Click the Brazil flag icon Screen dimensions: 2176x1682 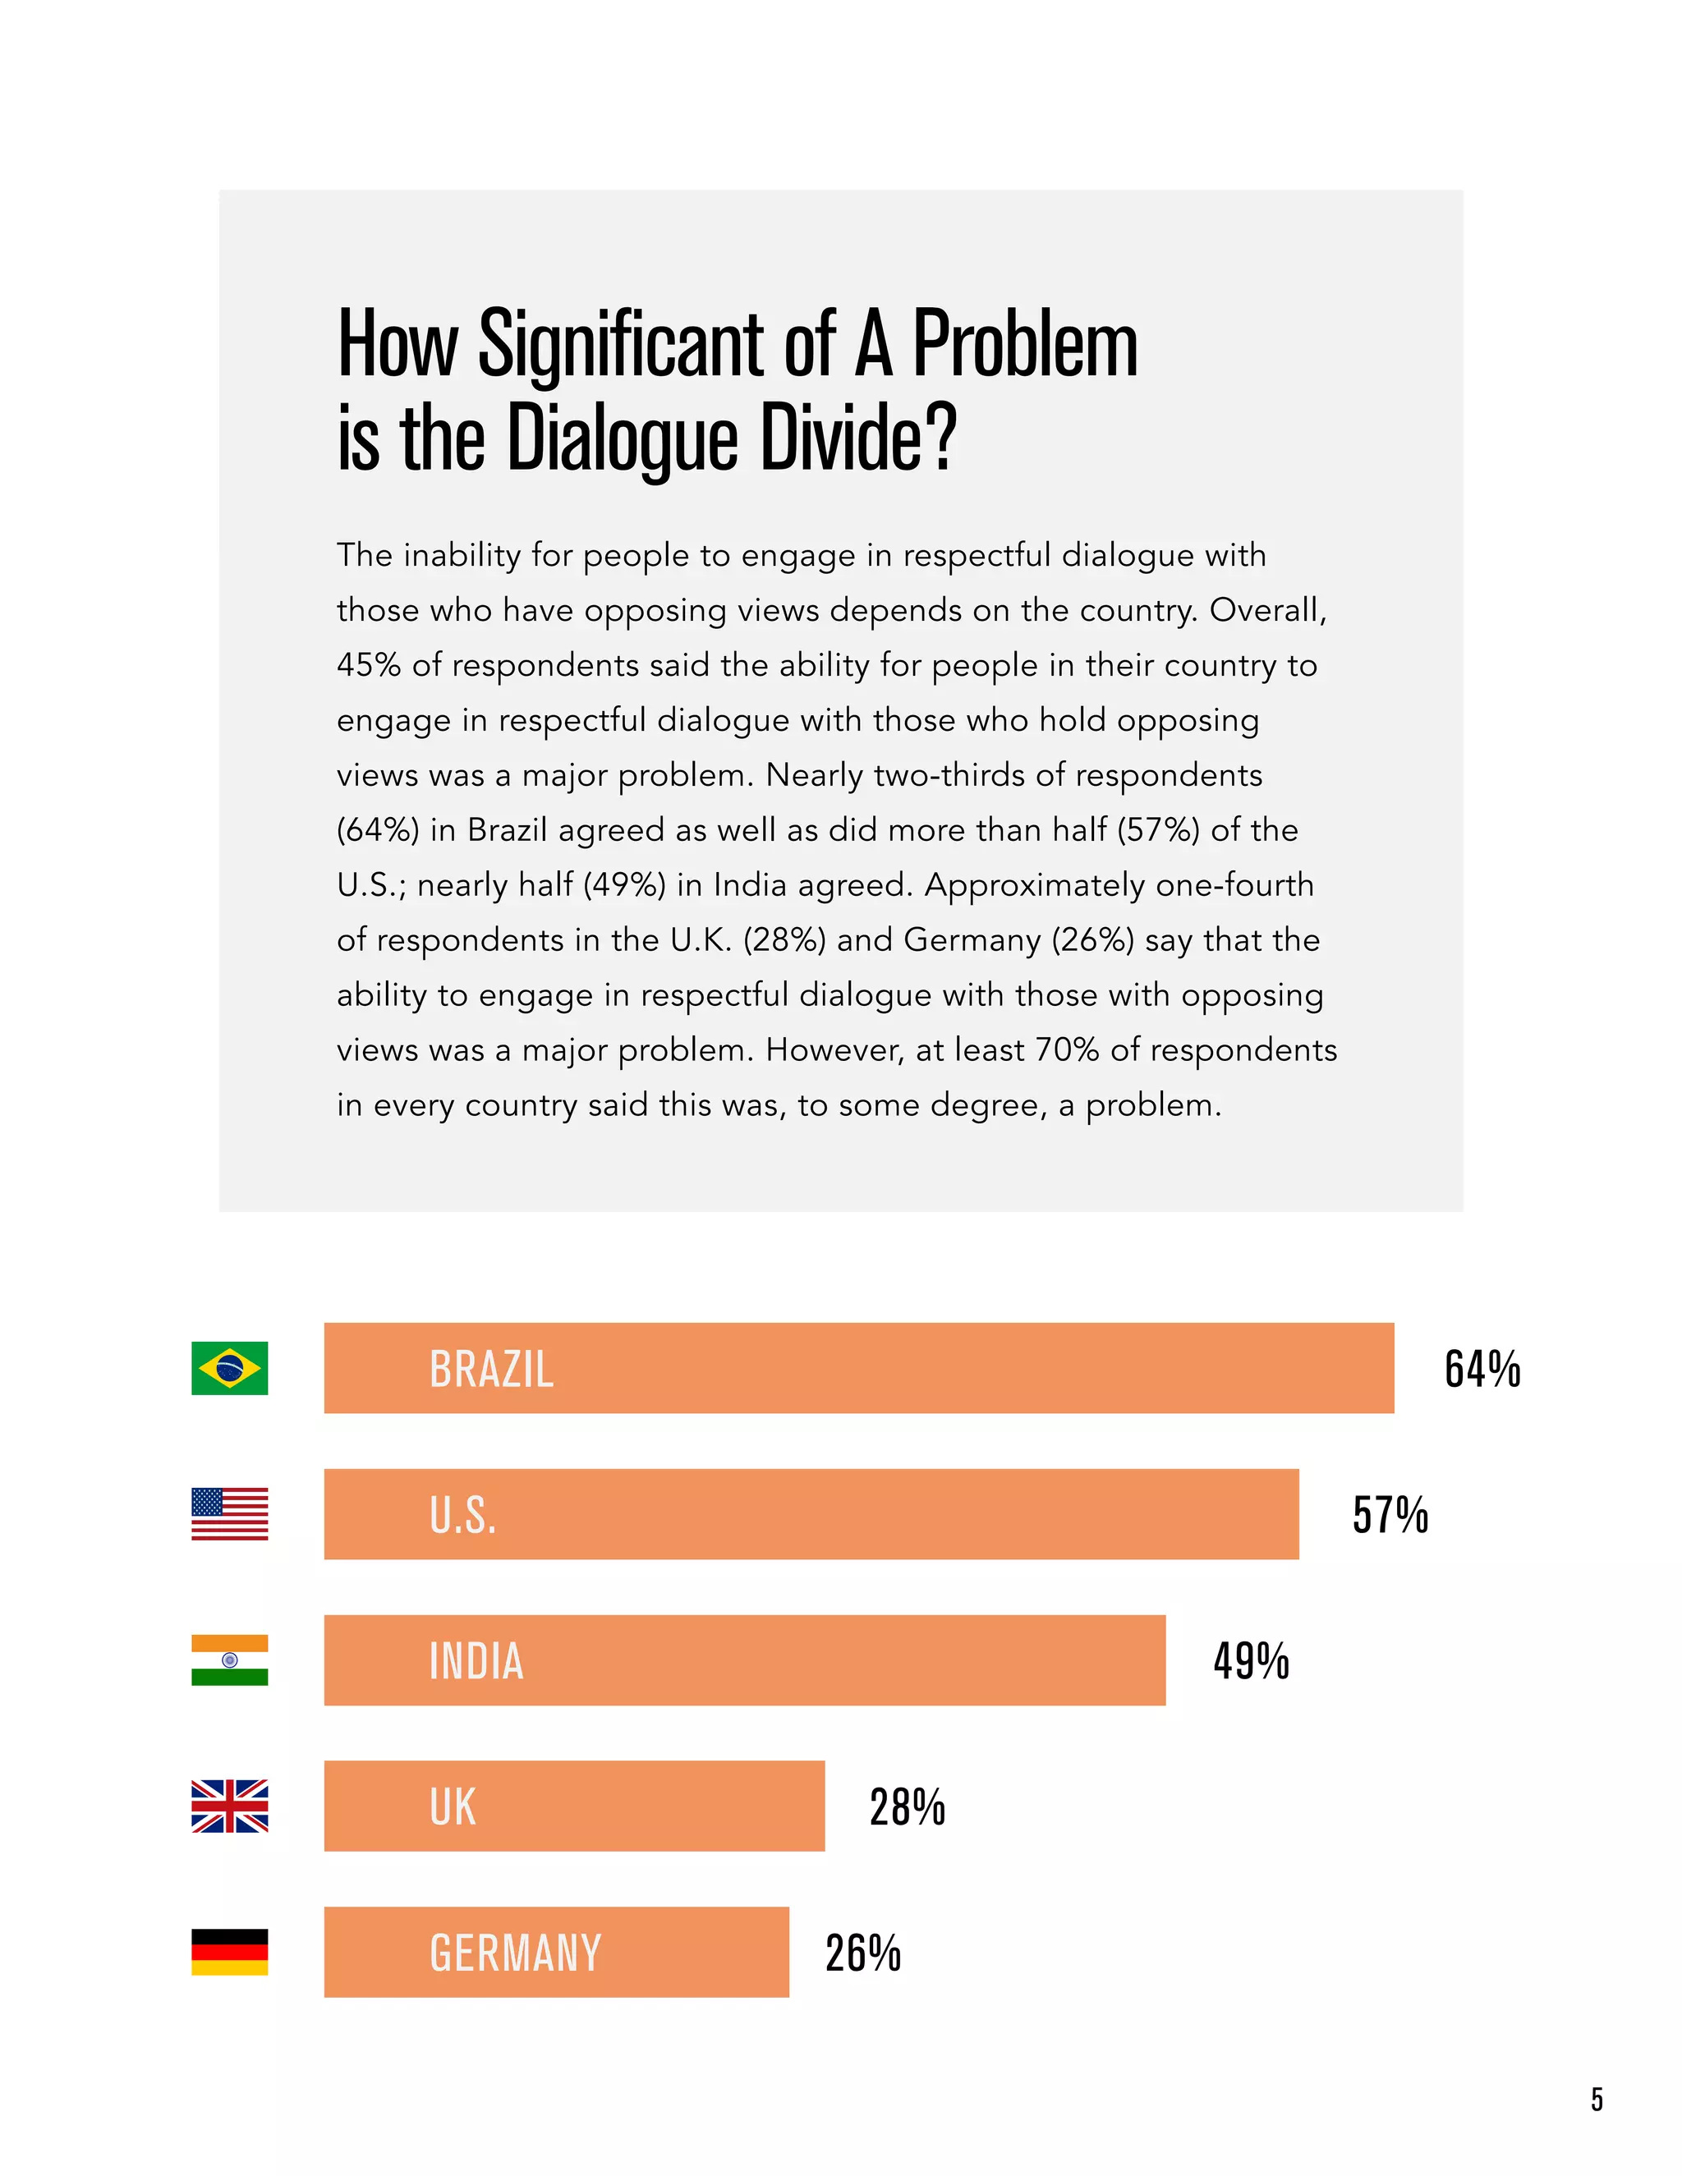[x=229, y=1368]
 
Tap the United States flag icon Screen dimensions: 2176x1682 [x=229, y=1513]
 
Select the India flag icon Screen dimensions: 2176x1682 [x=229, y=1660]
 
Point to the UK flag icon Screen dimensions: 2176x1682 [x=229, y=1806]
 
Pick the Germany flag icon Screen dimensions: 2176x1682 [x=229, y=1952]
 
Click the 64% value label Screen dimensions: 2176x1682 [x=1482, y=1369]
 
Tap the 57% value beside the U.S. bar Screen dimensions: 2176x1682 [x=1390, y=1514]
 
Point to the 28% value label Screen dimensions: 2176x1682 [x=907, y=1806]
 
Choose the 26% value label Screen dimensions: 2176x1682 [x=863, y=1953]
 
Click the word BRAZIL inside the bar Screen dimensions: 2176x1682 [x=491, y=1369]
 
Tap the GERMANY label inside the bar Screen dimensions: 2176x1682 [x=515, y=1953]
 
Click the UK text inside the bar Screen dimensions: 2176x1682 [x=453, y=1806]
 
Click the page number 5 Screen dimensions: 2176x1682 [x=1597, y=2100]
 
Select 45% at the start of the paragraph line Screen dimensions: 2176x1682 [x=369, y=664]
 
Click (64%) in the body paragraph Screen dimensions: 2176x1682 [x=378, y=830]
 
